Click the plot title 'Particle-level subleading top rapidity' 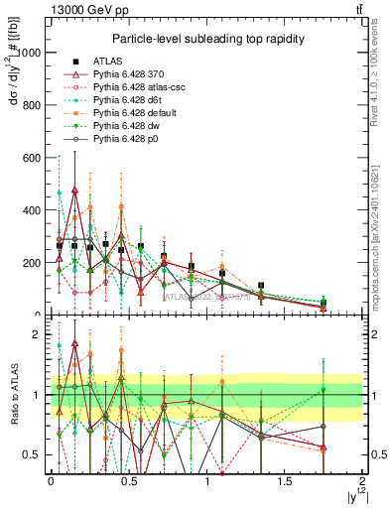coord(206,38)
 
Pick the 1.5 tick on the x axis coord(285,481)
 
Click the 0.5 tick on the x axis coord(128,481)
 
